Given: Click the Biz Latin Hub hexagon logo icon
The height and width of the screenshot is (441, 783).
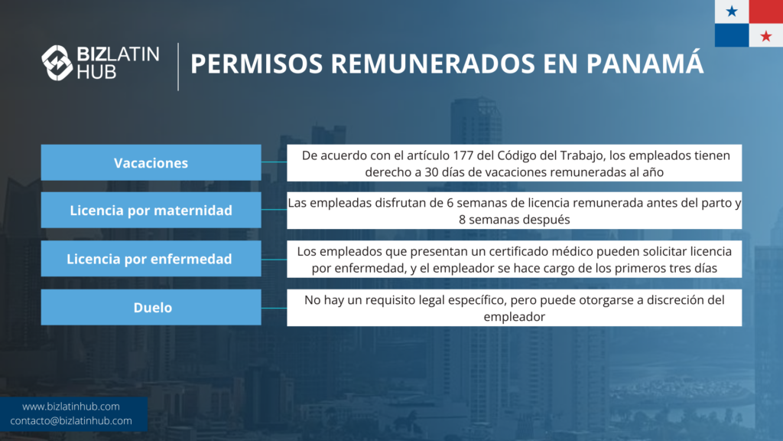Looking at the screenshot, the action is tap(57, 63).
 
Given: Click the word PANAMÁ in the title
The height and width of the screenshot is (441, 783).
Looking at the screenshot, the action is tap(645, 64).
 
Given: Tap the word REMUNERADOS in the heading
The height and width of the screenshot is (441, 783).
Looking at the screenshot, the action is tap(433, 64).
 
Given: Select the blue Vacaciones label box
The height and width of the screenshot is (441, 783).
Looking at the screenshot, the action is tap(151, 162).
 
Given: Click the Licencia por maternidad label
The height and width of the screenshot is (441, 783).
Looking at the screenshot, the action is tap(151, 210).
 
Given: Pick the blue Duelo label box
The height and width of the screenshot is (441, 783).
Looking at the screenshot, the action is tap(151, 307).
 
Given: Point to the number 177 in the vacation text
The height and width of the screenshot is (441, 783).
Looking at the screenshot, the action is tap(463, 155).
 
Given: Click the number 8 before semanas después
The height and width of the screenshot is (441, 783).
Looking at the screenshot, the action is tap(462, 220).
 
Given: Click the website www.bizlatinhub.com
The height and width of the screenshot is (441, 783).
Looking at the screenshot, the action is tap(71, 407).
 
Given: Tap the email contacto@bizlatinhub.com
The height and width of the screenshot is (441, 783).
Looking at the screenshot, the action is tap(71, 421).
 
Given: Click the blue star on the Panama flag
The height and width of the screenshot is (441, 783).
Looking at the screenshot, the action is tap(732, 11).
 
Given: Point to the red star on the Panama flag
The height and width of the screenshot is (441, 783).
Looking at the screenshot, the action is tap(765, 36).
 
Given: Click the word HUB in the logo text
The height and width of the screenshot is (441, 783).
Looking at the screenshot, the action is tap(96, 72).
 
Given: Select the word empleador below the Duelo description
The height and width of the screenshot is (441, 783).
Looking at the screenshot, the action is tap(515, 317).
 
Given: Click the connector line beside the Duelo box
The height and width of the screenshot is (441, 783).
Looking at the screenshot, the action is tap(274, 308).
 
